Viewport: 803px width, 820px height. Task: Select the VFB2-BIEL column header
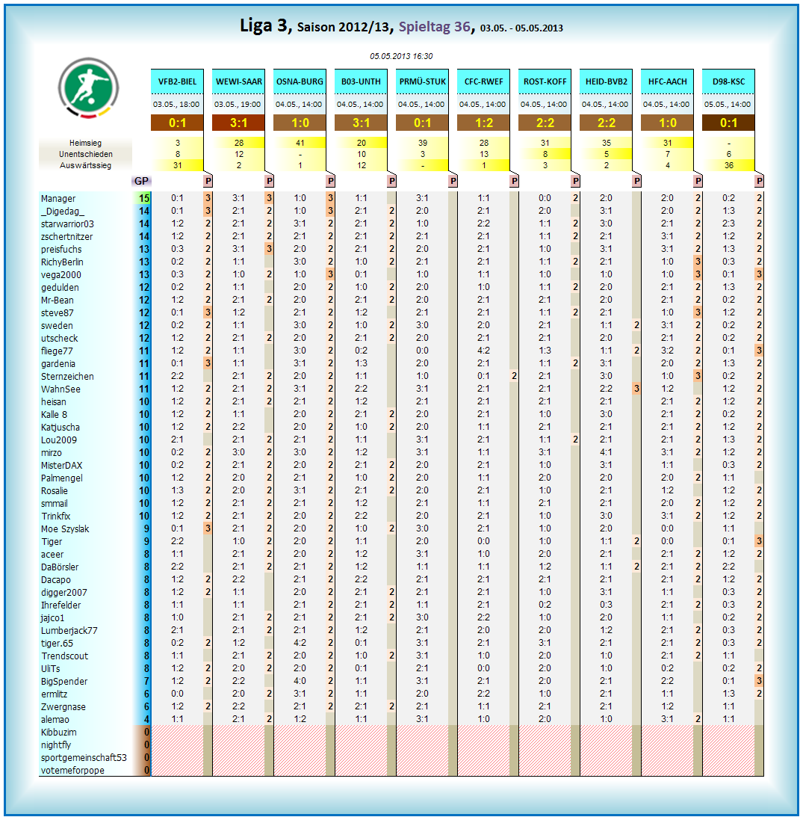(177, 81)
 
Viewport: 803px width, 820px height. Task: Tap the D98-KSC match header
(728, 81)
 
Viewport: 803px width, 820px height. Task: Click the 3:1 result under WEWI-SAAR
(238, 123)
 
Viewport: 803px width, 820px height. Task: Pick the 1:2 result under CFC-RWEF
(483, 123)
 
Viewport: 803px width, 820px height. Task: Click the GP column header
(141, 181)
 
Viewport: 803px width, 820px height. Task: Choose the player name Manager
(58, 199)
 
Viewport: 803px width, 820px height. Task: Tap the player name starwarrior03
(67, 224)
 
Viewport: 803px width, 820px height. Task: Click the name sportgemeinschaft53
(84, 758)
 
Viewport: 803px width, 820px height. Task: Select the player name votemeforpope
(72, 771)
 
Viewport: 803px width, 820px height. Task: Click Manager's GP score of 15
(143, 199)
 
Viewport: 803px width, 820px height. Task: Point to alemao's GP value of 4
(146, 719)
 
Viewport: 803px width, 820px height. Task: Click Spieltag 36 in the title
(434, 27)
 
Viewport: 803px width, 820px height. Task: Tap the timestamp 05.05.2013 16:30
(401, 56)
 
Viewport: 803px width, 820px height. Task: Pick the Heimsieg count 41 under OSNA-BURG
(300, 143)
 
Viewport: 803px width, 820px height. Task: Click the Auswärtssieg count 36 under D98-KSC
(728, 165)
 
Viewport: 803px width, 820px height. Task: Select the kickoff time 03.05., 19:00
(238, 105)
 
